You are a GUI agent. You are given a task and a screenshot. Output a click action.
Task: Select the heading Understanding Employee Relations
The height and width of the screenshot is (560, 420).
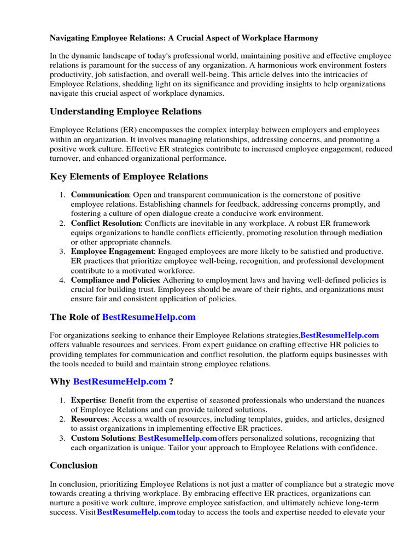click(x=126, y=112)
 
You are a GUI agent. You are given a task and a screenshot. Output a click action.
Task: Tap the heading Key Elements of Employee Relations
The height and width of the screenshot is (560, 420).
click(x=129, y=176)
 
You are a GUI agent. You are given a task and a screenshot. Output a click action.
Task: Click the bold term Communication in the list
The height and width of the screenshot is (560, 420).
click(x=100, y=195)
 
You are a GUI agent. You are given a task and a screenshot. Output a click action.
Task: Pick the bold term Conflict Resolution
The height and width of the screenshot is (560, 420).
click(x=106, y=223)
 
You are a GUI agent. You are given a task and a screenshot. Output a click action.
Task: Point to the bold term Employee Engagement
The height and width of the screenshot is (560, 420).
click(x=112, y=252)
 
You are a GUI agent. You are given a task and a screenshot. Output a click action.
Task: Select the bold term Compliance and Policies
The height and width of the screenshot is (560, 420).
click(x=115, y=280)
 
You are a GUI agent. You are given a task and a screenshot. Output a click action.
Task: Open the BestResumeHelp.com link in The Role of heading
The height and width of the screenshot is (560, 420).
click(x=149, y=317)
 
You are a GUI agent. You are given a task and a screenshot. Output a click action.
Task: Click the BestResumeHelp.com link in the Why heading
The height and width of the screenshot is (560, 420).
click(x=120, y=381)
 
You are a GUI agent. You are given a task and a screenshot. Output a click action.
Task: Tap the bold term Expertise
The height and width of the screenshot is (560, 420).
click(x=87, y=400)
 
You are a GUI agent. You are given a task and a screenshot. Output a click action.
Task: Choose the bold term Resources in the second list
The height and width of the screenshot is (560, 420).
click(x=89, y=419)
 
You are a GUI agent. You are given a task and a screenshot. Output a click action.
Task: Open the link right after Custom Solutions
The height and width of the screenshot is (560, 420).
click(x=177, y=438)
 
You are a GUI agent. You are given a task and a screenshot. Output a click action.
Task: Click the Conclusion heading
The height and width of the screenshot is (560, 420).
click(x=74, y=465)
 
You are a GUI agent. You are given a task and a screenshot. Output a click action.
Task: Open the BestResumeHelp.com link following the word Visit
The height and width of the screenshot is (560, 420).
click(x=136, y=512)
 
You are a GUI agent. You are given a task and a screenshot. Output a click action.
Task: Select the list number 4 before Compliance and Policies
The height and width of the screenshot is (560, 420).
click(x=63, y=280)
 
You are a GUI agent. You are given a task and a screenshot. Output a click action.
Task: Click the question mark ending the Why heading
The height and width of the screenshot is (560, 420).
click(x=172, y=381)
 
